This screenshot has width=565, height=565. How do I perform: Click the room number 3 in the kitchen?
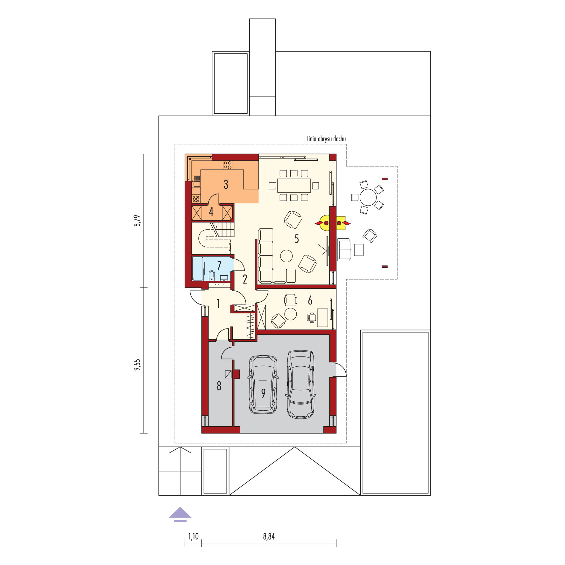(x=226, y=184)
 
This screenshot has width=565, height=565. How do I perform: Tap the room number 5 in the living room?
(x=297, y=238)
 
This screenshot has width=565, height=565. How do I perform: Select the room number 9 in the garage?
(x=263, y=393)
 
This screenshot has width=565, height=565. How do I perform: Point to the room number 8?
(x=219, y=386)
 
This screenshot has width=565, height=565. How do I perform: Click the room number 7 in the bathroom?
(x=219, y=265)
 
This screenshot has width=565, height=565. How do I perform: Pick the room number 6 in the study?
(x=310, y=300)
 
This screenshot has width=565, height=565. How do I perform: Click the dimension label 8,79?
(x=137, y=221)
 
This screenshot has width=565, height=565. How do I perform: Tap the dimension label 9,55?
(x=137, y=365)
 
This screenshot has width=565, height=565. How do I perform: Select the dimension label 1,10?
(x=193, y=537)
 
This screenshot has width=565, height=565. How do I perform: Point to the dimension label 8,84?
(x=269, y=537)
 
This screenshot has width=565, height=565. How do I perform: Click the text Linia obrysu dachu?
(x=326, y=139)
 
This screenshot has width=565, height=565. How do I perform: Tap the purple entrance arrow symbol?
(x=180, y=514)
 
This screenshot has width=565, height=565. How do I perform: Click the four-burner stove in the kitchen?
(x=228, y=165)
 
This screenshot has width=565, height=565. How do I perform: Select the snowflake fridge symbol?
(x=196, y=199)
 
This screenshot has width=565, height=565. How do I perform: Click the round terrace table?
(x=368, y=197)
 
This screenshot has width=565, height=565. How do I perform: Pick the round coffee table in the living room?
(x=286, y=256)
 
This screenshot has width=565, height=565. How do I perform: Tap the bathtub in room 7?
(x=198, y=269)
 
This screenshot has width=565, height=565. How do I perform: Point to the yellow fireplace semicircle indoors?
(x=325, y=223)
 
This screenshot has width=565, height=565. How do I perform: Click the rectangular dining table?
(x=294, y=186)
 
